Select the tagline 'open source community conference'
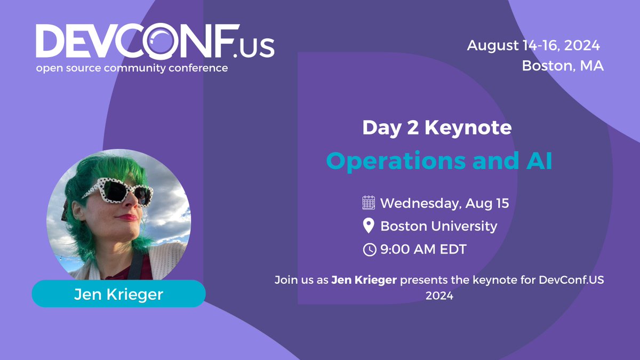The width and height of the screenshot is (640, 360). pyautogui.click(x=132, y=68)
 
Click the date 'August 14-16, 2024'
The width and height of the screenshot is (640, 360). pyautogui.click(x=533, y=46)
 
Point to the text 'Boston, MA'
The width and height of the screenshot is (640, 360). pyautogui.click(x=563, y=66)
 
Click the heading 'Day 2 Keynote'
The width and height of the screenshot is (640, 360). pyautogui.click(x=437, y=127)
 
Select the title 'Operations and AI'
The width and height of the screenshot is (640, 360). pyautogui.click(x=439, y=161)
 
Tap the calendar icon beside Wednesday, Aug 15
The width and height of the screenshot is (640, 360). pyautogui.click(x=369, y=203)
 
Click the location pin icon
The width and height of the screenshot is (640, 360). pyautogui.click(x=369, y=226)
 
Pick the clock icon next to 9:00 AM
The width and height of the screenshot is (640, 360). pyautogui.click(x=369, y=249)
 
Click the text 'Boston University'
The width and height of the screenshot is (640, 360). pyautogui.click(x=438, y=226)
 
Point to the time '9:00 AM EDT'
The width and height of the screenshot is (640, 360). pyautogui.click(x=423, y=249)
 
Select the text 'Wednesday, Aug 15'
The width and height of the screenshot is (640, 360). pyautogui.click(x=444, y=203)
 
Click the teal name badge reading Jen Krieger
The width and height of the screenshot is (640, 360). pyautogui.click(x=118, y=293)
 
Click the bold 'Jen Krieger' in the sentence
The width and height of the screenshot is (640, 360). pyautogui.click(x=364, y=279)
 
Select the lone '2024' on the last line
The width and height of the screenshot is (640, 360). pyautogui.click(x=439, y=295)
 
